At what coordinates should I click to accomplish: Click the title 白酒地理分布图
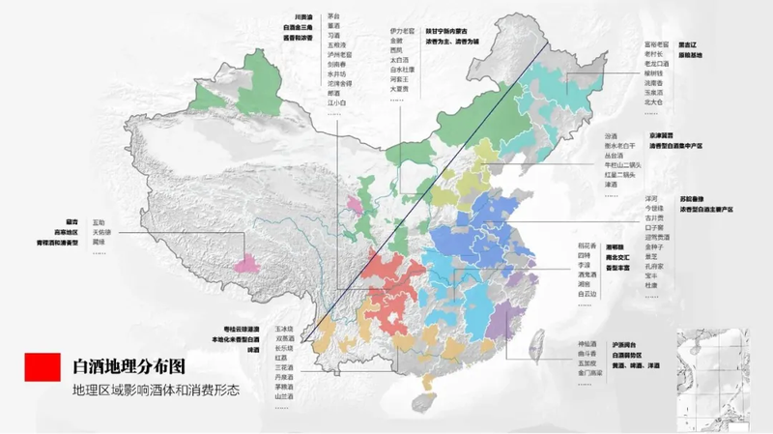[128, 368]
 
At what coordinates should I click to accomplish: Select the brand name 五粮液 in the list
[336, 43]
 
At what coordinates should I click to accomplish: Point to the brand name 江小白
[336, 101]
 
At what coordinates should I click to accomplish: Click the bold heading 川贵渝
[305, 16]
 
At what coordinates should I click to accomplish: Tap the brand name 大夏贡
[400, 88]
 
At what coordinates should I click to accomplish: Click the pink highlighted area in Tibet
[255, 263]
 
